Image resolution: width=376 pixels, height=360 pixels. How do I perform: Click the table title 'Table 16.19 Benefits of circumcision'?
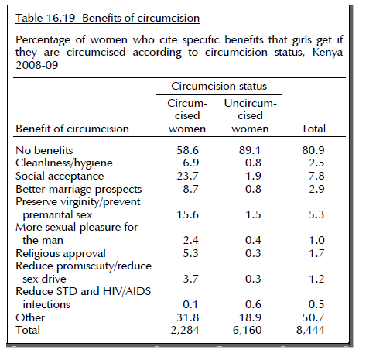point(108,18)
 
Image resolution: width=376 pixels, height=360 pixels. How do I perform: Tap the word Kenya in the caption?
point(327,52)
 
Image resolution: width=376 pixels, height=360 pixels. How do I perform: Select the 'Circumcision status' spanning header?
point(219,86)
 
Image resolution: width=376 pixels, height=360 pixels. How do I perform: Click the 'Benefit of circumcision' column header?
point(72,129)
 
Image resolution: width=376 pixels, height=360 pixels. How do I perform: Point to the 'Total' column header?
point(313,129)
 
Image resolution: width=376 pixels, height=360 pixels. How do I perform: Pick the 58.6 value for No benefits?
point(187,150)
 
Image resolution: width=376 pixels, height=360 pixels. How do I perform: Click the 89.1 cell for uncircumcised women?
point(250,150)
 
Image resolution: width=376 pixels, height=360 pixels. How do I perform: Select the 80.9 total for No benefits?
point(313,150)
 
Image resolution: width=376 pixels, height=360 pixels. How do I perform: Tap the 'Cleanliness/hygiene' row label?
point(64,163)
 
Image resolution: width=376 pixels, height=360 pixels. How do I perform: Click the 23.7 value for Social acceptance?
point(187,176)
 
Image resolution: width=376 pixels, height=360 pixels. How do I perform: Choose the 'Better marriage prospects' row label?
point(79,189)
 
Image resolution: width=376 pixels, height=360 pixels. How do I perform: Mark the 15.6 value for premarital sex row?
point(187,214)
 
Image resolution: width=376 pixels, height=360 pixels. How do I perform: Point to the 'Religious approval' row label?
point(60,253)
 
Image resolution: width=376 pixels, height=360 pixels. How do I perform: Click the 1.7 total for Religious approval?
point(316,253)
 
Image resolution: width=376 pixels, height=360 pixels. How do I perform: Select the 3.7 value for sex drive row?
point(191,279)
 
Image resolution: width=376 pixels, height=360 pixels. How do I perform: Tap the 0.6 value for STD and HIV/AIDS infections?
point(253,304)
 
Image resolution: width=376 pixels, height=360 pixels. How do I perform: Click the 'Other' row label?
point(30,317)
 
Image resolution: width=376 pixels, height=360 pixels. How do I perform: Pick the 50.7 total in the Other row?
point(313,317)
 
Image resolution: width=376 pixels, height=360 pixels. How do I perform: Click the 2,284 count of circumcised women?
point(185,330)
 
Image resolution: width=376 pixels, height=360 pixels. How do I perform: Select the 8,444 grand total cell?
point(310,330)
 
